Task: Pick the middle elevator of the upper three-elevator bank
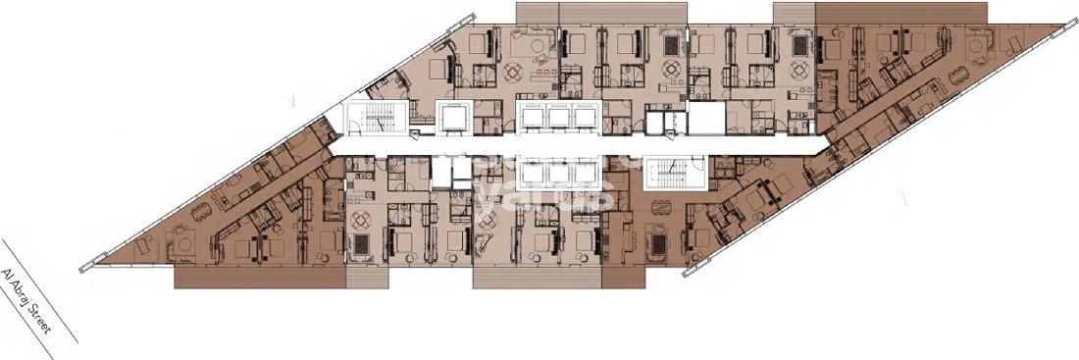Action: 558,116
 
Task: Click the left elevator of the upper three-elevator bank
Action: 533,116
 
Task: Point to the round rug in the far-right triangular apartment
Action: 978,46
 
